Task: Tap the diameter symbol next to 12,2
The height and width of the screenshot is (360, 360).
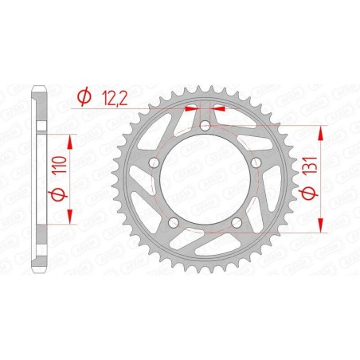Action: coord(83,97)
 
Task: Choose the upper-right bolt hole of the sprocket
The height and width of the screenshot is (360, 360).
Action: coord(255,162)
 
